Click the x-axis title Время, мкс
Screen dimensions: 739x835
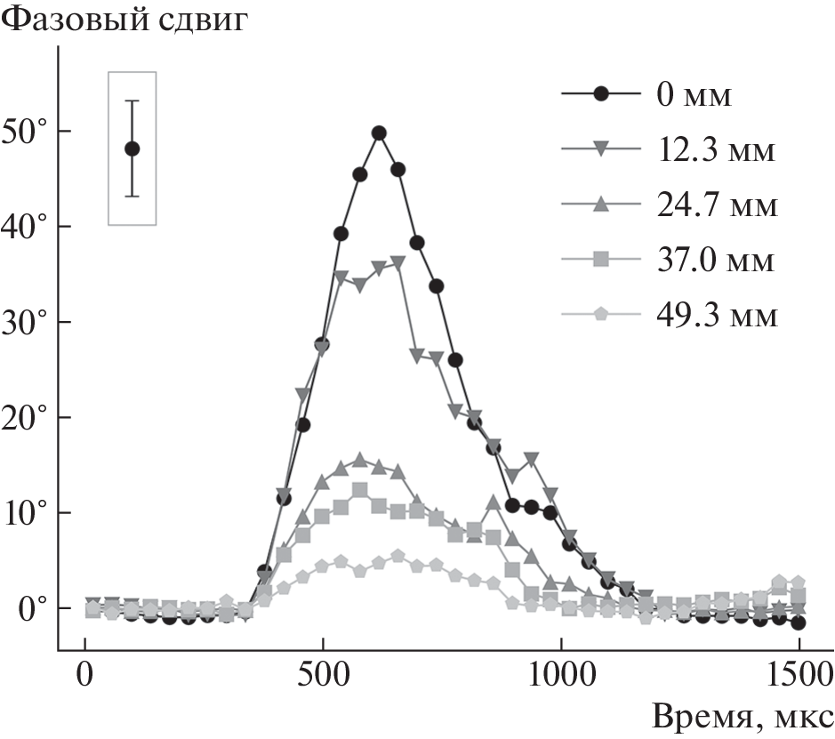742,716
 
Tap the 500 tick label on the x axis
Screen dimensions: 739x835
323,673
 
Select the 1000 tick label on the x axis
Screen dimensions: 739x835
561,673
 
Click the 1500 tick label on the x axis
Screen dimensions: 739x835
799,673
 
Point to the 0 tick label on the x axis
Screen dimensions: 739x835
85,673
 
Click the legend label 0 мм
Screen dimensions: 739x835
694,95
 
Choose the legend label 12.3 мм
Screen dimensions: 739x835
717,150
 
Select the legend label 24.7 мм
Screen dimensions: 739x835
717,205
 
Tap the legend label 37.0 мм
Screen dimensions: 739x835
717,261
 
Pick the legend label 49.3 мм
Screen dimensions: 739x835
717,316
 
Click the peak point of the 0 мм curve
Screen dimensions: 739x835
379,133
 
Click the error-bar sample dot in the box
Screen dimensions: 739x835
132,149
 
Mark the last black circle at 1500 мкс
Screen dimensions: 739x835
799,623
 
